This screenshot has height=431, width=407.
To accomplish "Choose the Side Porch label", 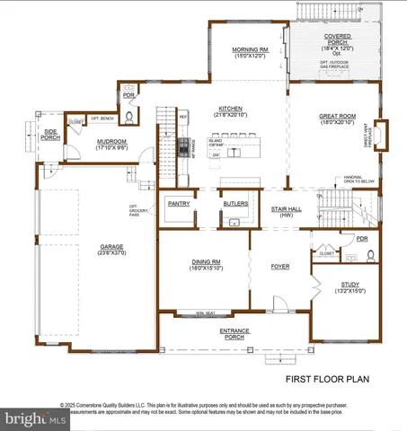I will [50, 137].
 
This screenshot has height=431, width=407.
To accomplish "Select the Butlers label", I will [235, 204].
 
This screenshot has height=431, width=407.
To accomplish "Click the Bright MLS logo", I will [34, 418].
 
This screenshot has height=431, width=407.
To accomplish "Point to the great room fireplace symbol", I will [381, 135].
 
